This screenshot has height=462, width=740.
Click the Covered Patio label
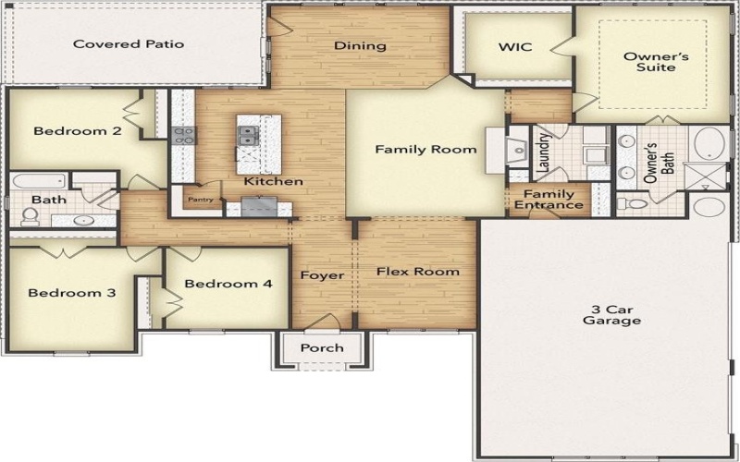129,43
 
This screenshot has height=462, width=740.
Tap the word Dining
353,45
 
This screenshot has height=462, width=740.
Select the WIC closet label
514,46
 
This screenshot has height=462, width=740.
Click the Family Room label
425,149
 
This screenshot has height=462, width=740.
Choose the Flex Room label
417,272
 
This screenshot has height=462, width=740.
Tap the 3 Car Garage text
611,314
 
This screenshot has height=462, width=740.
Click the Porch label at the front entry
322,347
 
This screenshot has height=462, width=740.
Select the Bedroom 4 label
228,284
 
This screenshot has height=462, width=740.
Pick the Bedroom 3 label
71,293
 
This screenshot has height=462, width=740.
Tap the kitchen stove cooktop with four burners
183,135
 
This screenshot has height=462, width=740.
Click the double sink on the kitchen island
249,137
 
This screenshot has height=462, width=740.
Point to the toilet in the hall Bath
30,216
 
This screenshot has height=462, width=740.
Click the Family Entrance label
549,199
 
